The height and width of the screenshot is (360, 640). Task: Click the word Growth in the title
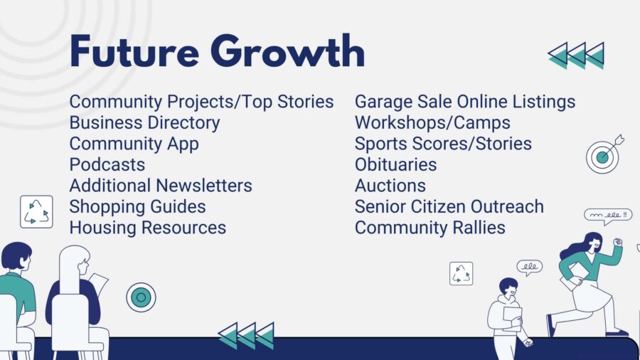tap(287, 51)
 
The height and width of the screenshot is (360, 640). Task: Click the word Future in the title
tap(134, 51)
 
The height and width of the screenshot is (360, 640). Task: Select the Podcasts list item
tap(107, 164)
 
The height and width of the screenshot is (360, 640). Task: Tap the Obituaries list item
tap(395, 164)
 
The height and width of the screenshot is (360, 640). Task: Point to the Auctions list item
tap(390, 186)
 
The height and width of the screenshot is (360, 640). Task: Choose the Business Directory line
tap(144, 123)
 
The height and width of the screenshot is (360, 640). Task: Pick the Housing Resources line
tap(148, 228)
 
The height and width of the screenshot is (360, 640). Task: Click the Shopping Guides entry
tap(137, 206)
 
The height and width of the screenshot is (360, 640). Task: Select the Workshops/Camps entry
tap(432, 123)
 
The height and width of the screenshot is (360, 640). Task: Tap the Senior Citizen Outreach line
tap(449, 206)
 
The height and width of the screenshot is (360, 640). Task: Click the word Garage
tap(381, 102)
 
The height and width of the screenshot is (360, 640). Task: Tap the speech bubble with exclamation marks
tap(608, 216)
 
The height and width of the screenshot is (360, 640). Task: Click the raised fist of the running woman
tap(618, 242)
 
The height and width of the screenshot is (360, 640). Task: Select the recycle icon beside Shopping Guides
tap(36, 212)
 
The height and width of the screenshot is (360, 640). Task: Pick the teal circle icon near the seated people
tap(141, 297)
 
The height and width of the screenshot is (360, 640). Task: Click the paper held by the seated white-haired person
tap(98, 284)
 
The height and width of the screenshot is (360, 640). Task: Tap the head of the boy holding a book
tap(508, 287)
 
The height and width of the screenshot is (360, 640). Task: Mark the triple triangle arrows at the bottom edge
tap(246, 336)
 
